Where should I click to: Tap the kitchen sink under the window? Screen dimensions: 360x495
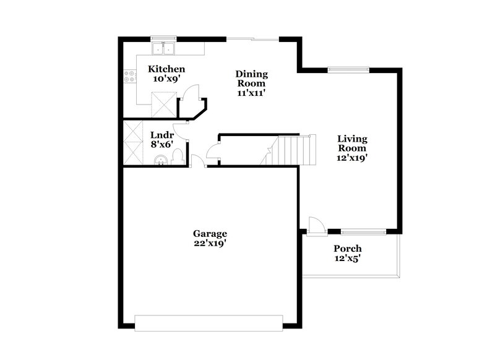tap(165, 48)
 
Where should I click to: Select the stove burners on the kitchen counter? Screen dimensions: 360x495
tap(130, 77)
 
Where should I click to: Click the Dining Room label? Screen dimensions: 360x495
tap(251, 79)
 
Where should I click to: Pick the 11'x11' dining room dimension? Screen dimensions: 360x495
tap(251, 93)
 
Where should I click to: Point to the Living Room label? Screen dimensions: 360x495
tap(352, 144)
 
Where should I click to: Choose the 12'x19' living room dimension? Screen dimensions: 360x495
tap(352, 158)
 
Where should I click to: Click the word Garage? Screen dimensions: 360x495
tap(210, 234)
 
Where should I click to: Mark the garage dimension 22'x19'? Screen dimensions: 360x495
tap(210, 244)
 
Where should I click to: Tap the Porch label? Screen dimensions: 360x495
tap(348, 249)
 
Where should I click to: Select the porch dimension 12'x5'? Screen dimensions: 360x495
tap(348, 259)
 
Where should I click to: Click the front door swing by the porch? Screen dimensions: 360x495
tap(314, 224)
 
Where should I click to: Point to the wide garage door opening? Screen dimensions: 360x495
tap(210, 322)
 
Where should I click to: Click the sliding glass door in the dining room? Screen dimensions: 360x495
tap(252, 40)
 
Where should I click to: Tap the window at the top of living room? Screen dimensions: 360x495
tap(348, 69)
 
